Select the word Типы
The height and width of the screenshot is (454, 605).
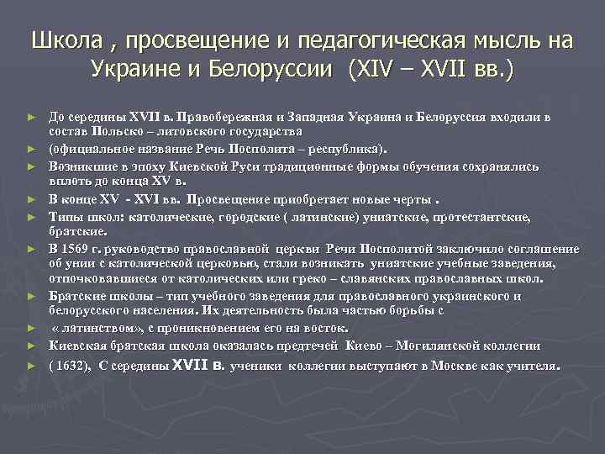coord(64,217)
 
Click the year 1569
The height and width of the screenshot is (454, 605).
coord(77,250)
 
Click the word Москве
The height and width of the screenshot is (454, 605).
coord(460,367)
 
